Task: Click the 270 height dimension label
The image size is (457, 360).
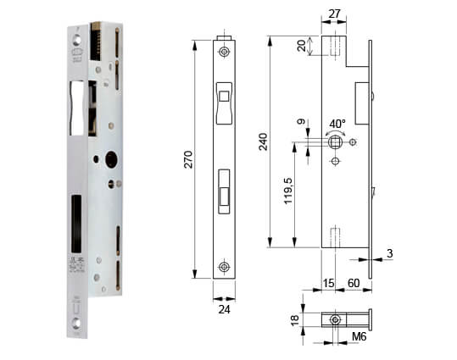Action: (189, 159)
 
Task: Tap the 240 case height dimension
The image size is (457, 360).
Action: (264, 141)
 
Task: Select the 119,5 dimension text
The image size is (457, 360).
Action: (288, 191)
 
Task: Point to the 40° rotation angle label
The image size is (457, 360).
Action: (337, 124)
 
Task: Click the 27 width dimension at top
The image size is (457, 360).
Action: (334, 14)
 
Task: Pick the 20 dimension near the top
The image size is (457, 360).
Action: (302, 46)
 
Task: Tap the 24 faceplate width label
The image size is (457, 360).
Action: (225, 310)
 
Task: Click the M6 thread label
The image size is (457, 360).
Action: (359, 336)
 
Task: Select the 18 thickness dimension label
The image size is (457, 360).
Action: (295, 320)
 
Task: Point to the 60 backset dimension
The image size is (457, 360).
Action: (354, 283)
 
